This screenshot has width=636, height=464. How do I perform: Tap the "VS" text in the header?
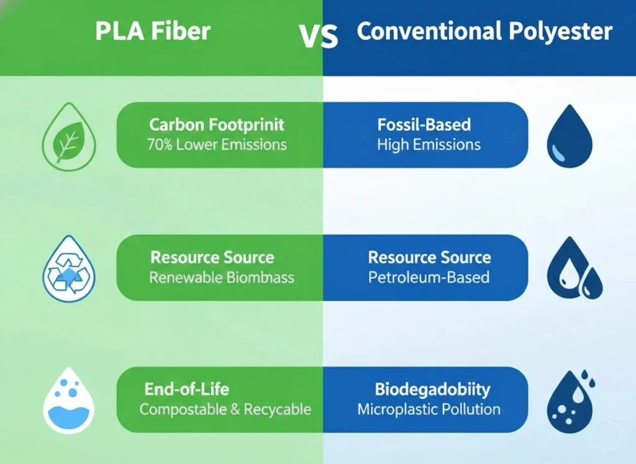click(319, 36)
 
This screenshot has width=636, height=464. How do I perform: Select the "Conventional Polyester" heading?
click(484, 32)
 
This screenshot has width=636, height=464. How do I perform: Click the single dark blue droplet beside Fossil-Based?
click(569, 137)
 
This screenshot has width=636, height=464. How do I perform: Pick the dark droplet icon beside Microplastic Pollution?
click(570, 401)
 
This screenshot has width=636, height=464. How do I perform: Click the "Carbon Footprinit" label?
click(217, 125)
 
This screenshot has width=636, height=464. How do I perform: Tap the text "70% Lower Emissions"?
click(217, 145)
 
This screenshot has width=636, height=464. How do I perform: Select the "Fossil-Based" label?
click(424, 125)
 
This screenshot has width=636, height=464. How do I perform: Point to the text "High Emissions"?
click(429, 145)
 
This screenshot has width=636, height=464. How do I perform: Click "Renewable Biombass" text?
click(222, 278)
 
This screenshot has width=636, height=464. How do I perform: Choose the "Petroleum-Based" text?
click(429, 277)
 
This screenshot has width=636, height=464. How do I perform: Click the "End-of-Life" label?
click(186, 389)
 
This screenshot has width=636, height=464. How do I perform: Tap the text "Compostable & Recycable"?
click(225, 409)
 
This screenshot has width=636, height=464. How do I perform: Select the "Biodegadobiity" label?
click(432, 389)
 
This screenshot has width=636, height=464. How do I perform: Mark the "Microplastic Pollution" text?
click(429, 409)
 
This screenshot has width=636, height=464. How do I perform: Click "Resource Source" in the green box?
click(212, 257)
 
